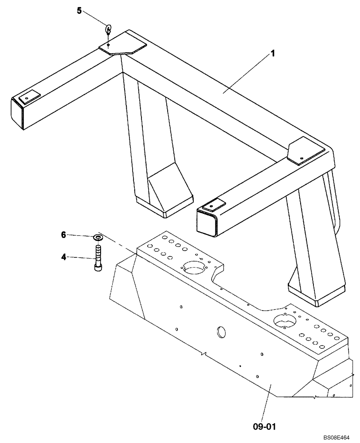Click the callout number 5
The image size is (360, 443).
click(x=79, y=11)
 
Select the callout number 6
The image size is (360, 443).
click(x=63, y=235)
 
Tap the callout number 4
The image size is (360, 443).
click(x=63, y=256)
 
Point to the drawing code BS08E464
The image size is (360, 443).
click(x=336, y=437)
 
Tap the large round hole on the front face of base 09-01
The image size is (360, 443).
click(x=221, y=332)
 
